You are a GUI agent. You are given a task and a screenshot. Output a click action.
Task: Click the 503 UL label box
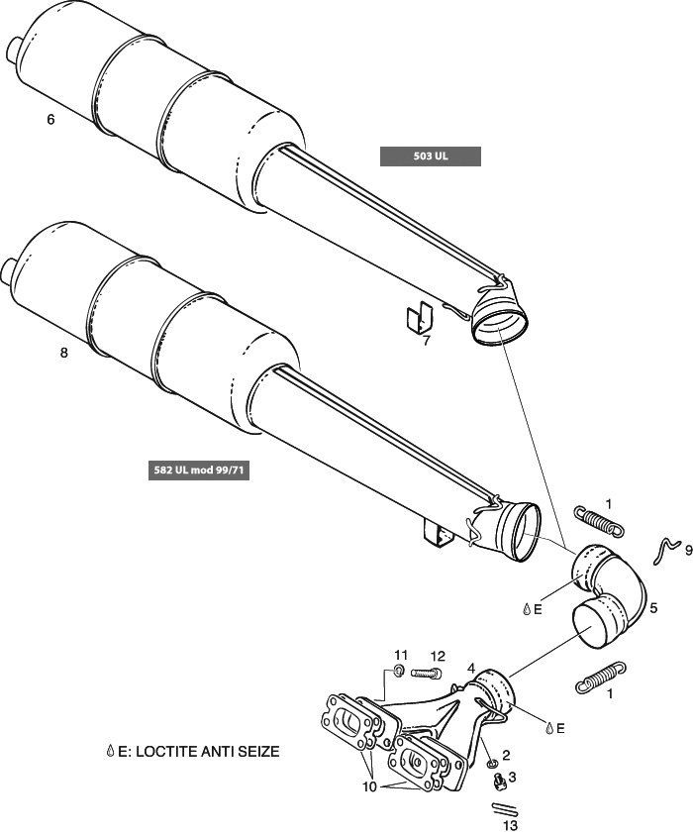431,156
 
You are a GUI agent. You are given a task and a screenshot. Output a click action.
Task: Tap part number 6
50,120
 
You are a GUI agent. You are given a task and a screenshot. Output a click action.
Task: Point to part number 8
64,354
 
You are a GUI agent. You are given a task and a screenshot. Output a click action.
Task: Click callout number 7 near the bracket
426,341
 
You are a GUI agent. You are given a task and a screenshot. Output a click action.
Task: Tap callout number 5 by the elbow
652,608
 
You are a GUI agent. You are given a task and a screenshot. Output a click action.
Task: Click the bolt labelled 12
425,674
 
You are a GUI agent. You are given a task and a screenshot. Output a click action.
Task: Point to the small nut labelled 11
397,673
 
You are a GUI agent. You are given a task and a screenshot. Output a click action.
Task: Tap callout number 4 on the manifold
471,668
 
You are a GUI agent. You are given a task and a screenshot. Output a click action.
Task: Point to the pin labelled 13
506,807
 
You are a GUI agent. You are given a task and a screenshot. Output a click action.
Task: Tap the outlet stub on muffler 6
14,48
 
